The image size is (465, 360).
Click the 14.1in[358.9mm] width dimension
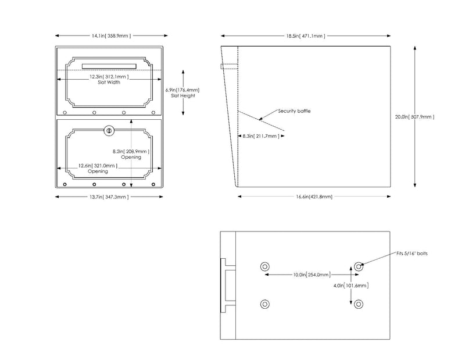tap(111, 36)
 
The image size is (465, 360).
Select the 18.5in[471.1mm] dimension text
tap(306, 36)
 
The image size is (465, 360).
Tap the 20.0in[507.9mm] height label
tap(414, 117)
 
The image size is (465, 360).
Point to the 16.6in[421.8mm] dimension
tap(314, 197)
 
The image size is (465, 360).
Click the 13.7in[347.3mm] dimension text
tap(109, 197)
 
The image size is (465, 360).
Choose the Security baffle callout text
tap(294, 111)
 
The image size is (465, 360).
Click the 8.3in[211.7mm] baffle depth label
tap(261, 136)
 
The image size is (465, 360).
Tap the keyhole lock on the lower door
tap(109, 131)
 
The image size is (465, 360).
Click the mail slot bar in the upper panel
tap(109, 66)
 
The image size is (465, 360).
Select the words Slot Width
tap(109, 83)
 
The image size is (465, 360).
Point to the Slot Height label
tap(183, 95)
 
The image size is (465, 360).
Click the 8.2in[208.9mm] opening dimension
tap(131, 151)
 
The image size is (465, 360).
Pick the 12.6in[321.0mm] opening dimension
tap(98, 166)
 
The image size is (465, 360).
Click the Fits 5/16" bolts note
tap(412, 254)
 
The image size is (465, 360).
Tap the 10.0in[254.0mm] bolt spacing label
tap(312, 275)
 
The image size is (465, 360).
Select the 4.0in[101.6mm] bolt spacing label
tap(351, 286)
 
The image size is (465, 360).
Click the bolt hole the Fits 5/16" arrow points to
tap(359, 266)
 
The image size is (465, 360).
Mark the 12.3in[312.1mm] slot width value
tap(109, 77)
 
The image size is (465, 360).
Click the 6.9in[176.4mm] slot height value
tap(183, 90)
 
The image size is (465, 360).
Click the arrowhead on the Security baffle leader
tap(260, 119)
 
